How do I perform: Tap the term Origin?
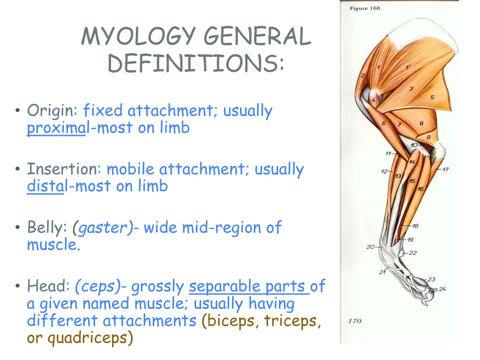[x=52, y=111]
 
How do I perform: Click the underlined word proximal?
[x=56, y=127]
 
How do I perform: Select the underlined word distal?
[x=45, y=186]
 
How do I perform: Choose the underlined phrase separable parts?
[x=248, y=286]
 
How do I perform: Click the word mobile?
[x=131, y=169]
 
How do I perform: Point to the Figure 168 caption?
[x=365, y=8]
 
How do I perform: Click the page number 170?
[x=354, y=321]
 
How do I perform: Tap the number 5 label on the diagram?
[x=432, y=97]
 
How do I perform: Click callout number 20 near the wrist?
[x=370, y=247]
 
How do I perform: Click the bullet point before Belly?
[x=17, y=228]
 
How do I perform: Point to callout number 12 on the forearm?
[x=384, y=172]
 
